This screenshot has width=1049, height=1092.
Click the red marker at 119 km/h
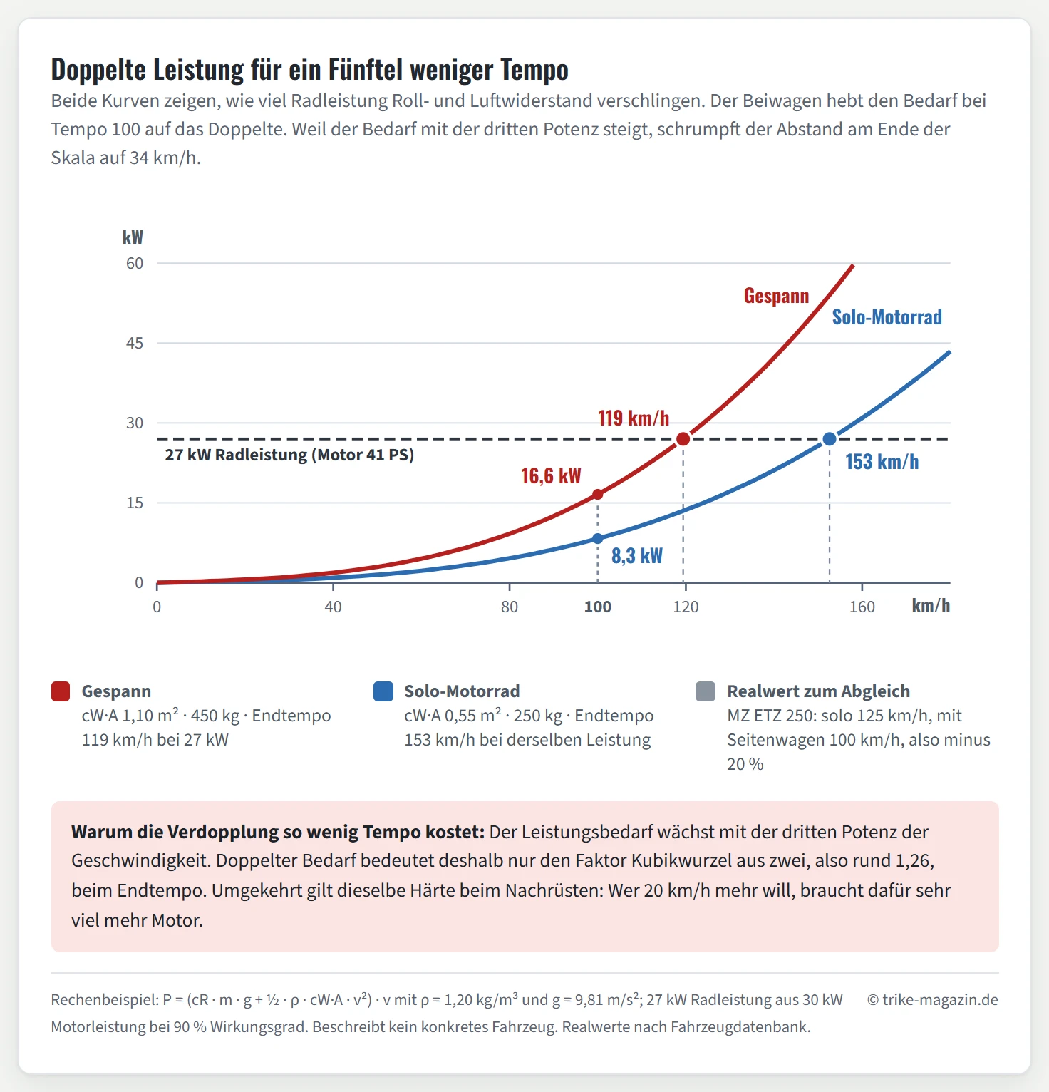683,438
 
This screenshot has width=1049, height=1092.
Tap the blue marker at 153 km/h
830,439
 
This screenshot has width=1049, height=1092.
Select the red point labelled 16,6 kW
598,494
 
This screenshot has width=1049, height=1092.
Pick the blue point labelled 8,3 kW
598,538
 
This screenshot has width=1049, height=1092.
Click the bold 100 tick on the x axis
598,607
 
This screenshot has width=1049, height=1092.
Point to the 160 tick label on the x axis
862,607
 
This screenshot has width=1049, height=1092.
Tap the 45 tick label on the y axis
135,343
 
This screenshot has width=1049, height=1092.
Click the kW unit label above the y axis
133,237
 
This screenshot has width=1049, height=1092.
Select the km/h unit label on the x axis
931,606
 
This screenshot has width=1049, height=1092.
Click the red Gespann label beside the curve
777,296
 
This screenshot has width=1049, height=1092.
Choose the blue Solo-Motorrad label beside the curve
887,317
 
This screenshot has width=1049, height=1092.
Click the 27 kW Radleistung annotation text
289,455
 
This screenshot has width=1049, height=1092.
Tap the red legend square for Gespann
61,691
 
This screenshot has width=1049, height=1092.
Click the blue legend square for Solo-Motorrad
383,691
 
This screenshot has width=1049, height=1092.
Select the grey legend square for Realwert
706,691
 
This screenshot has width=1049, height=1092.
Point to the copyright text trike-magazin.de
933,1000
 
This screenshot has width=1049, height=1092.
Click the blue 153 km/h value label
882,462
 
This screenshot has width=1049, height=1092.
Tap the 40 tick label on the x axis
333,607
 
